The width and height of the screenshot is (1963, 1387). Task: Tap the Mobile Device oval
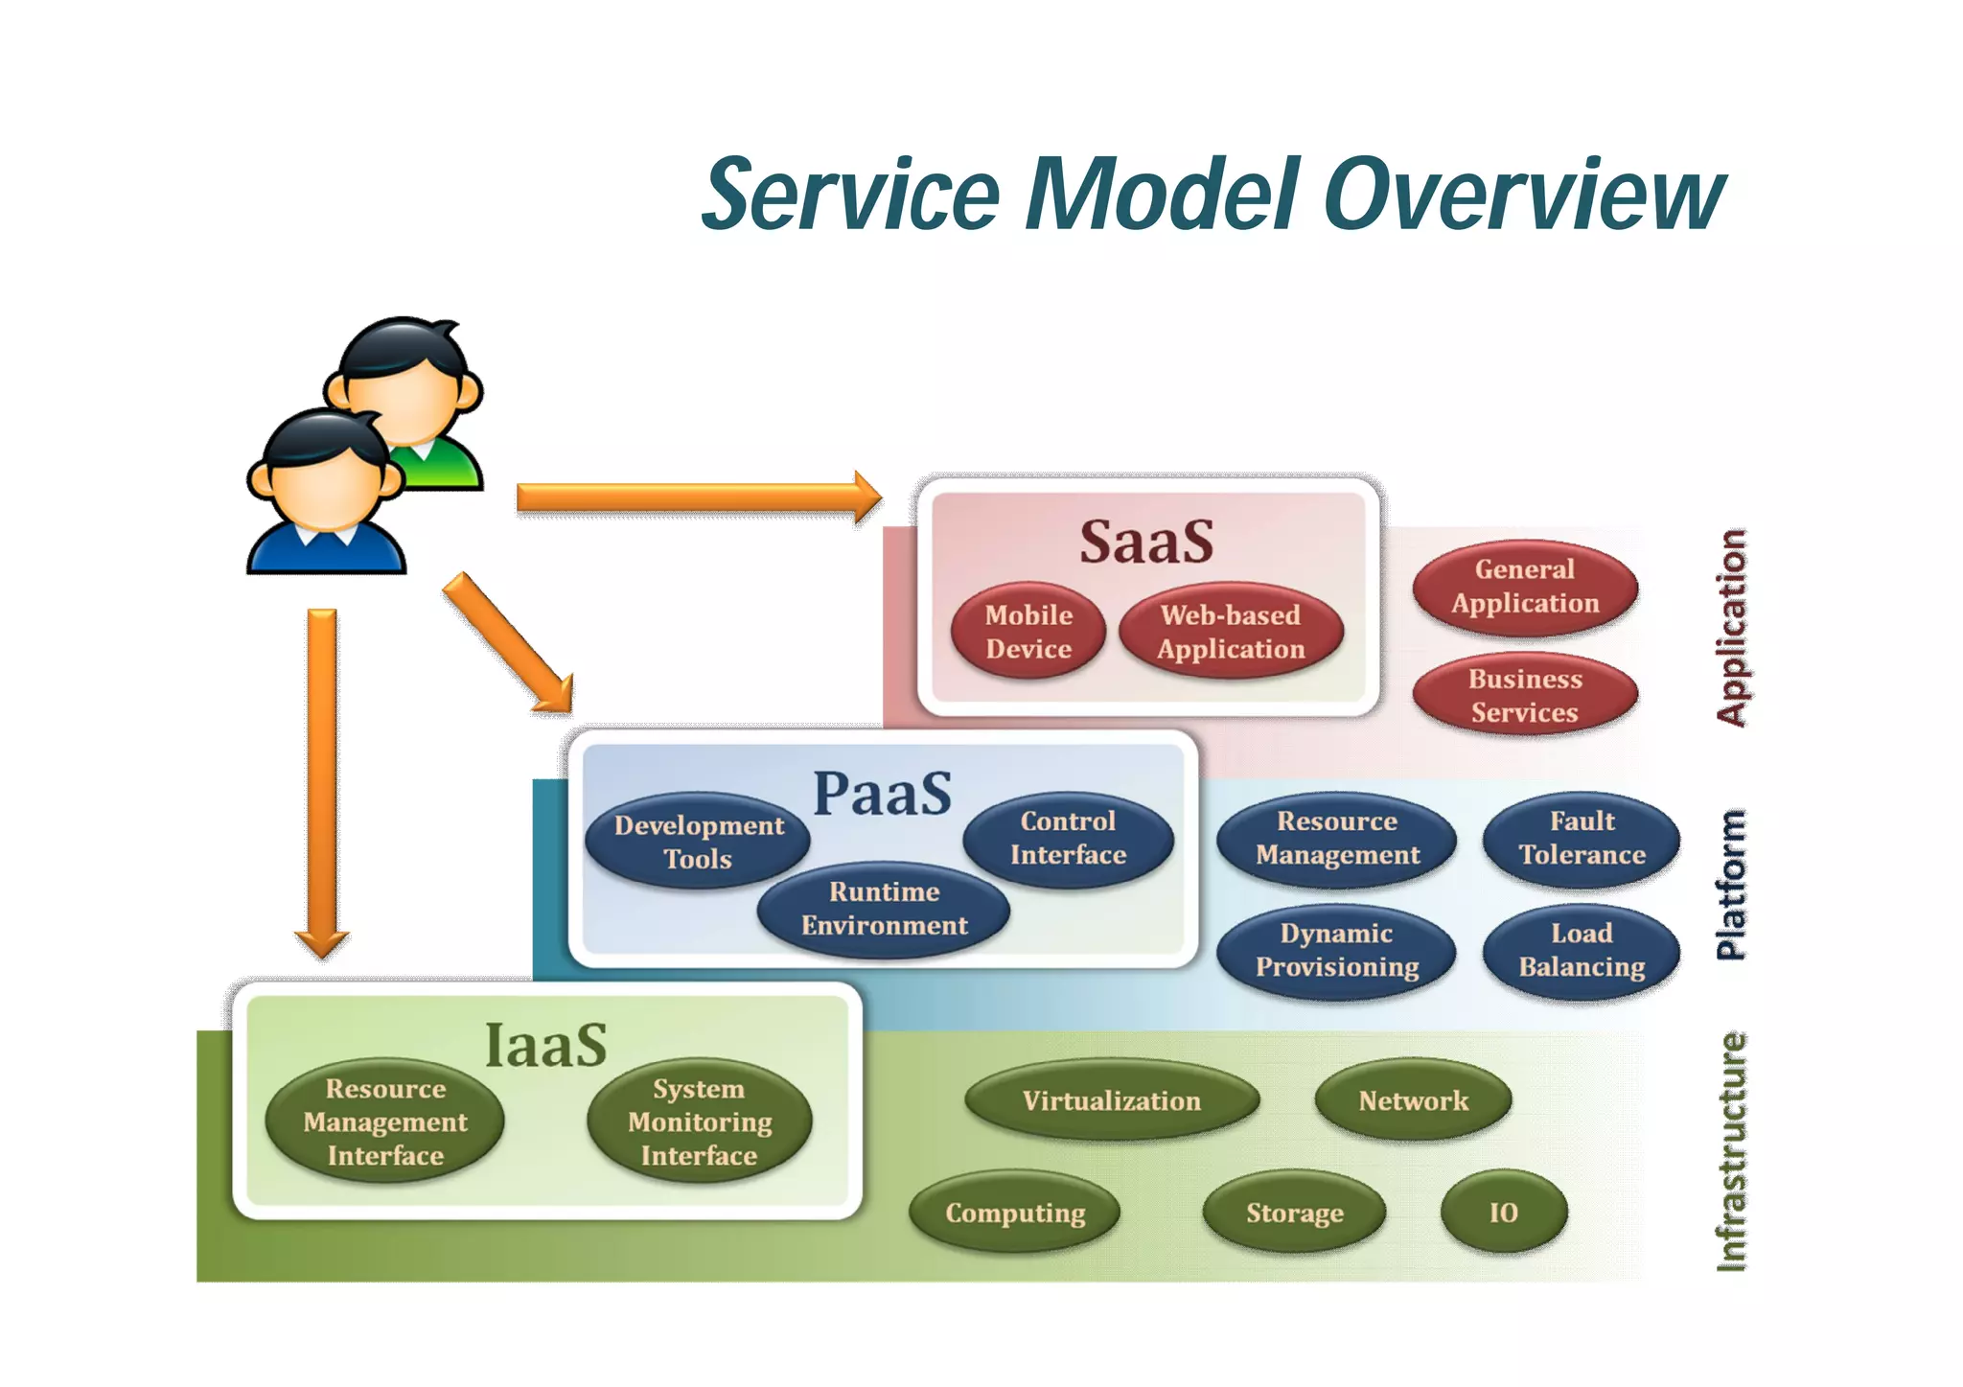[x=1028, y=632]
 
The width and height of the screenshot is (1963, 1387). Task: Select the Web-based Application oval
[x=1231, y=632]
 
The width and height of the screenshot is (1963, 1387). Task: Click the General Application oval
[x=1524, y=587]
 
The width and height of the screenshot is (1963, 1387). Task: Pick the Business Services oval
[x=1524, y=696]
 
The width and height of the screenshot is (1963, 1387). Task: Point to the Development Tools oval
[x=698, y=842]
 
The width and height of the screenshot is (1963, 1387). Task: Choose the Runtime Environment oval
[x=884, y=909]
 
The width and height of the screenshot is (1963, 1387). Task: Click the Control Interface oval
[x=1068, y=838]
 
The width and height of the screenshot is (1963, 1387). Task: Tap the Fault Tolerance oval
[x=1582, y=838]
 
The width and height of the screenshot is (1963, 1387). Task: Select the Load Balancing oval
[x=1582, y=950]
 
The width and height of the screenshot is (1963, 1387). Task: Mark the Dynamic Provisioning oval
[x=1336, y=950]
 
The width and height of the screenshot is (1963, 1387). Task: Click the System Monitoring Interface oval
[x=699, y=1121]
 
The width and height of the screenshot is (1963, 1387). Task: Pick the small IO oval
[x=1503, y=1213]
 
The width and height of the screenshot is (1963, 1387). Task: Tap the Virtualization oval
[x=1111, y=1100]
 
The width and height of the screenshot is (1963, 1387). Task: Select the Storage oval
[x=1294, y=1213]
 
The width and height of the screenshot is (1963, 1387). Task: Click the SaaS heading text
[x=1146, y=542]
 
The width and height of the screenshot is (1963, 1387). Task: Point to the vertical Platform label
[x=1731, y=884]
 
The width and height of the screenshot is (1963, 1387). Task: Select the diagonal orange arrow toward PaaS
[x=507, y=643]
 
